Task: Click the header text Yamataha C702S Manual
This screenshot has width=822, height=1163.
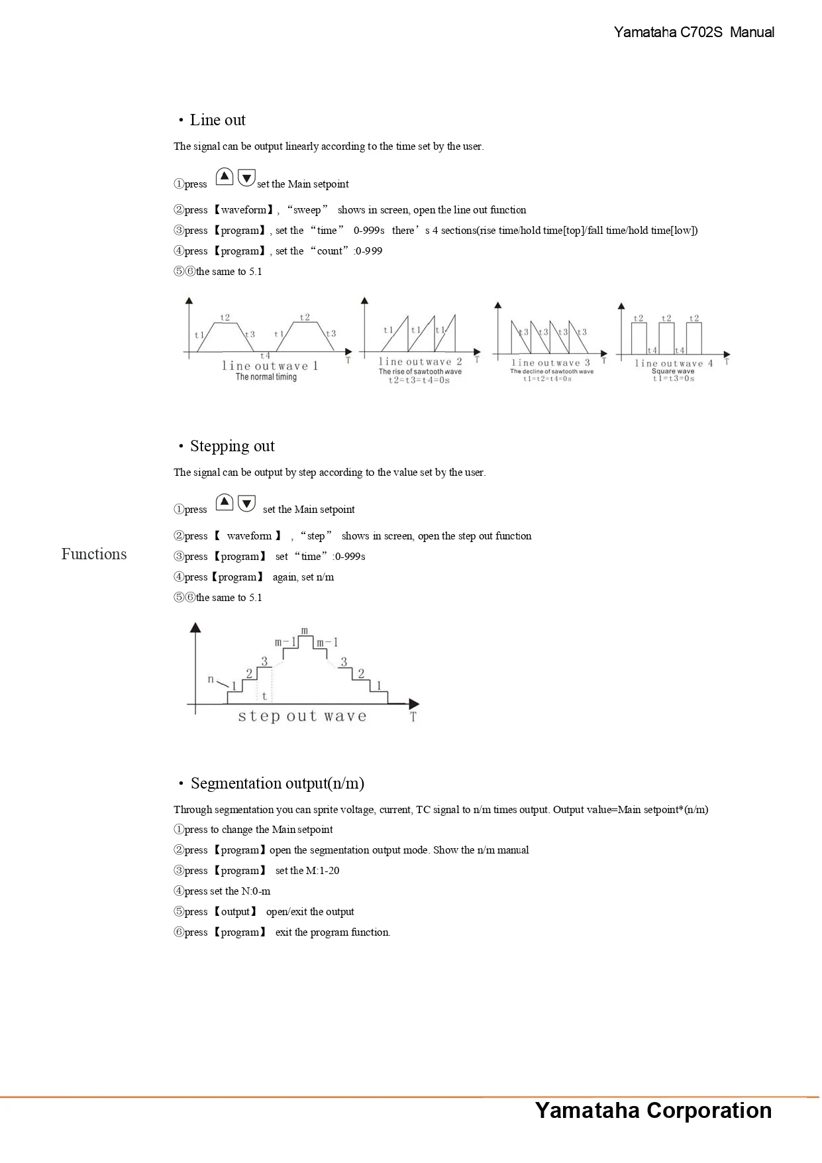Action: coord(694,32)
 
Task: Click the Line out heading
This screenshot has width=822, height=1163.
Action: coord(217,120)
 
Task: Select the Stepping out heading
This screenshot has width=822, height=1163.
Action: coord(232,446)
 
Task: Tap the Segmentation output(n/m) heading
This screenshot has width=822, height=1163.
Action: coord(277,783)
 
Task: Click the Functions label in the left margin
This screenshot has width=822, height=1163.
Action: coord(94,554)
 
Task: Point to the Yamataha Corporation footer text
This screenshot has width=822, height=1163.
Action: coord(653,1111)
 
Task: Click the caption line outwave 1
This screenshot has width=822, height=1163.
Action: coord(270,366)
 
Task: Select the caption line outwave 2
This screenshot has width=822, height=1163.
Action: coord(420,362)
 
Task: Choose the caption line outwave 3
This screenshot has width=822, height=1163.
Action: coord(550,363)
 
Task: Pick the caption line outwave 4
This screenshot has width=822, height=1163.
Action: coord(674,363)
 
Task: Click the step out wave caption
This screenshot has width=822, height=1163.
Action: coord(302,716)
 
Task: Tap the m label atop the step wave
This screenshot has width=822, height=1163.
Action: coord(305,631)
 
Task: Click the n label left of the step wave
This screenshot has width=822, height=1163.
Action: coord(211,679)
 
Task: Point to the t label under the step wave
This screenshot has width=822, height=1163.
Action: coord(265,696)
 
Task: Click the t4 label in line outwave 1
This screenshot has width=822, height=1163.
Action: coord(265,356)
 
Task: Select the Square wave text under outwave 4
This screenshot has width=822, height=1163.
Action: coord(673,371)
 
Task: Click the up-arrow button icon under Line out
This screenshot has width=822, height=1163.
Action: coord(225,177)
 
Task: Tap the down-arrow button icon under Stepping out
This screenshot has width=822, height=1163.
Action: coord(246,503)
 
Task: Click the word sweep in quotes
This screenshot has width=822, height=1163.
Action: coord(307,210)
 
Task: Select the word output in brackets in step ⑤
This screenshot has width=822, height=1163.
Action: coord(235,912)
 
